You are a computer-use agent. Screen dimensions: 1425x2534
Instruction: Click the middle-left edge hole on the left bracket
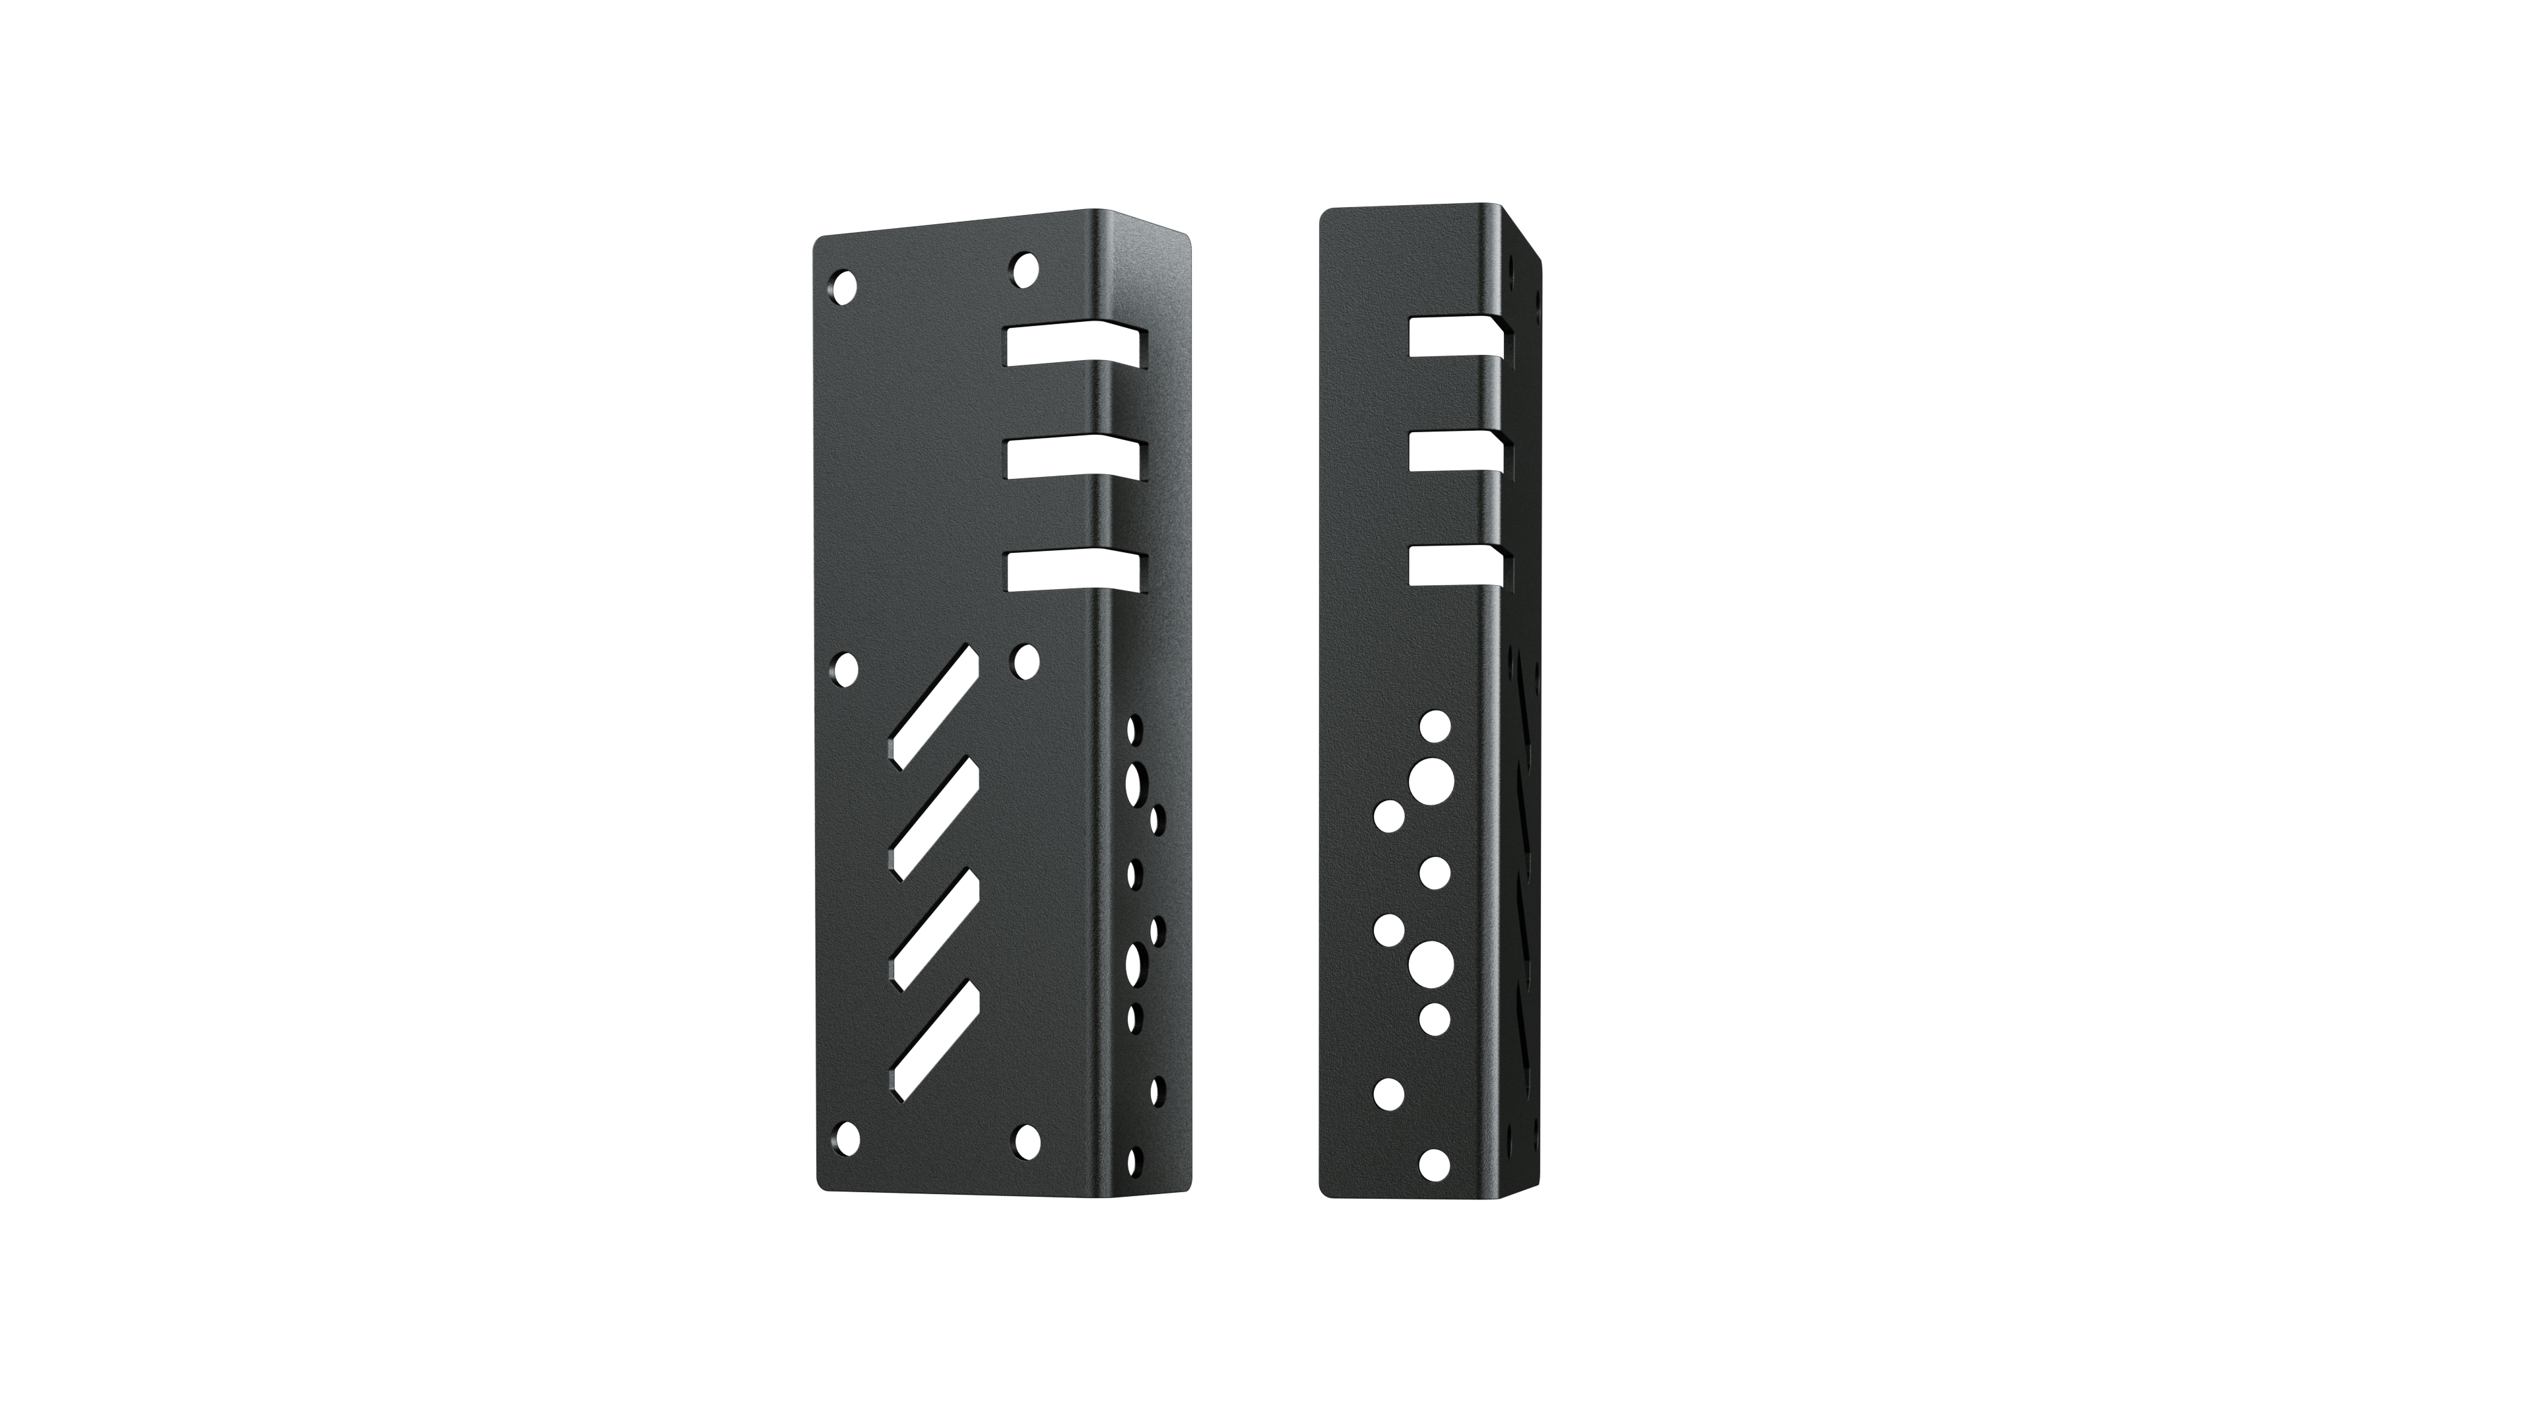pos(843,669)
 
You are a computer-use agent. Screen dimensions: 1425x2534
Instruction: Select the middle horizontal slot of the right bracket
pos(1456,449)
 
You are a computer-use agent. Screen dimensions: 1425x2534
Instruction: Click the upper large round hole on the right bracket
pos(1432,781)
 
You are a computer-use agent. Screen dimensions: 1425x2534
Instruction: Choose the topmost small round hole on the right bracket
pos(1435,727)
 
